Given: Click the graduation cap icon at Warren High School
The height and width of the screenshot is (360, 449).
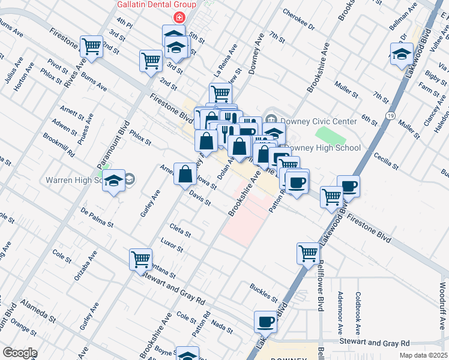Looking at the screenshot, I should tap(113, 181).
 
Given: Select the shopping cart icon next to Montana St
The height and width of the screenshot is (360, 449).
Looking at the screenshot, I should tap(140, 259).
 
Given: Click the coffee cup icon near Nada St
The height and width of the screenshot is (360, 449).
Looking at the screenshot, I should tap(265, 322).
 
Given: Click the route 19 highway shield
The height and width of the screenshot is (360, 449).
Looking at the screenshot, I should tap(391, 115).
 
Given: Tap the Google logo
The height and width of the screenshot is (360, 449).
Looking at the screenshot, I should tap(20, 352).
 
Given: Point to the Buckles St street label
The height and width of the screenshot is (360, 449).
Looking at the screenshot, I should tap(264, 293).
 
